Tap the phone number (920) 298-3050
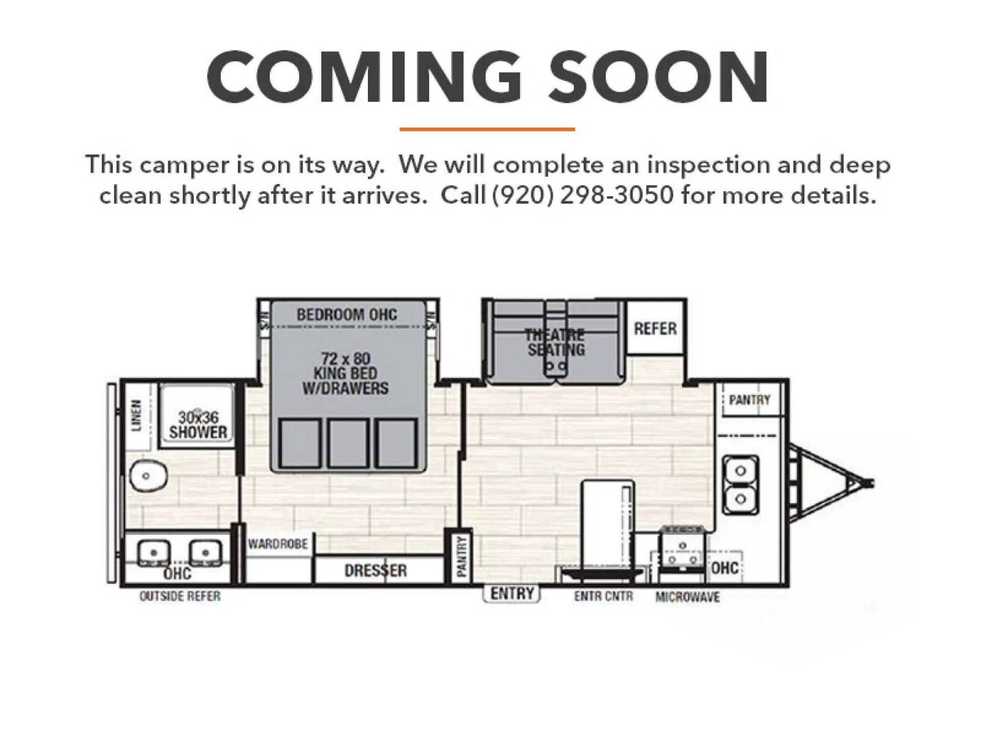tap(583, 195)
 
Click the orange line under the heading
tap(487, 129)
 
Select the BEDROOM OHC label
tap(347, 314)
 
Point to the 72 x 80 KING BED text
tap(346, 365)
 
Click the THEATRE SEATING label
tap(555, 342)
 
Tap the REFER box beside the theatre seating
tap(656, 328)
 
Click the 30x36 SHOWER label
tap(198, 425)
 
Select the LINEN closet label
tap(136, 416)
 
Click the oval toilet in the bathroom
tap(148, 476)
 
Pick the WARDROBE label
tap(278, 544)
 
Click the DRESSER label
tap(376, 570)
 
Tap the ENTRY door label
tap(512, 593)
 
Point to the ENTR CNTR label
tap(603, 596)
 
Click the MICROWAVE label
tap(688, 597)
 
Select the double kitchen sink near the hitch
tap(740, 485)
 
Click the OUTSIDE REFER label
tap(180, 596)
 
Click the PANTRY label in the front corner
tap(750, 400)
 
